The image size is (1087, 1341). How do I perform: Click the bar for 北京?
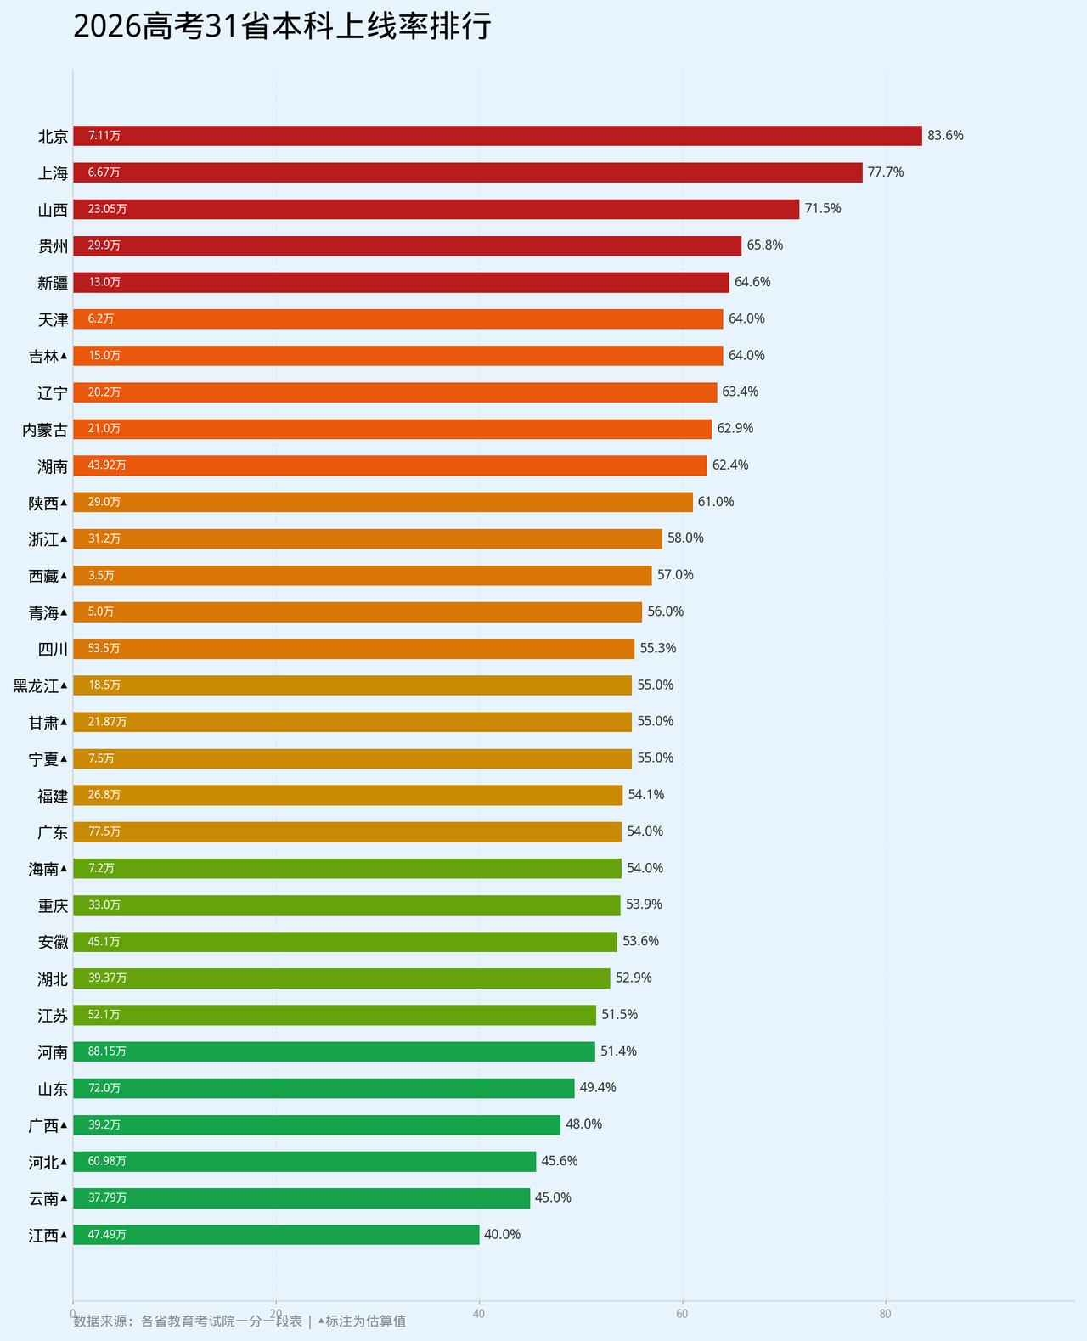click(x=498, y=135)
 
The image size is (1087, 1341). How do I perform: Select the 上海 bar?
click(x=468, y=172)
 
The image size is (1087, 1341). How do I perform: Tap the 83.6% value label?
click(x=945, y=135)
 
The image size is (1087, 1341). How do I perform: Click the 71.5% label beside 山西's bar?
click(x=823, y=208)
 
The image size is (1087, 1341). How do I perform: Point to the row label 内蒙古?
click(x=45, y=430)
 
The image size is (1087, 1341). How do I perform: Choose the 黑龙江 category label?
click(x=36, y=685)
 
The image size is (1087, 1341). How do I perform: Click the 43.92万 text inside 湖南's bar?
click(x=107, y=465)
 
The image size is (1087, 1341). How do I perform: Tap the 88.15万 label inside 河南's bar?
click(x=107, y=1051)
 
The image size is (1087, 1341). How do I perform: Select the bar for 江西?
click(x=276, y=1235)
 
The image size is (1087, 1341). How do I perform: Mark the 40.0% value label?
click(x=502, y=1235)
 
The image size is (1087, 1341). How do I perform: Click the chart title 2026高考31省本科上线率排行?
click(x=282, y=26)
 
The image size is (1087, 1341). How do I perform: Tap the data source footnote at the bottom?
click(x=239, y=1321)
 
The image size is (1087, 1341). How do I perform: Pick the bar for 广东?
click(x=347, y=831)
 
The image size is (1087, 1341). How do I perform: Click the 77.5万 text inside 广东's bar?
click(x=104, y=831)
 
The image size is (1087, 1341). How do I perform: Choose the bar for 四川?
click(x=354, y=649)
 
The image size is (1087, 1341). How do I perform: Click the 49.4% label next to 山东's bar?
click(x=598, y=1087)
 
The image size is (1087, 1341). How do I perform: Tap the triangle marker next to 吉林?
click(x=64, y=356)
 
